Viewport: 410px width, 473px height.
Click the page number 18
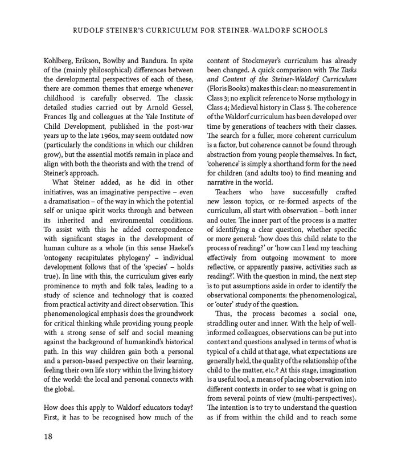pos(48,436)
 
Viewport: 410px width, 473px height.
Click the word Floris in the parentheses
pos(218,89)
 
